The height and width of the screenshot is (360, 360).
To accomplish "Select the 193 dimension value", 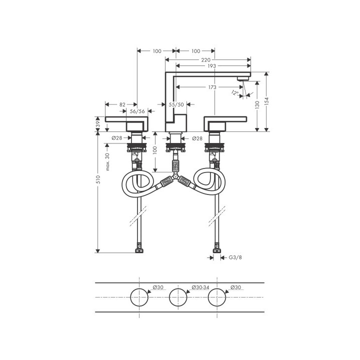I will (210, 66).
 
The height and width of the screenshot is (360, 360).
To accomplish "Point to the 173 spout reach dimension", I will (212, 87).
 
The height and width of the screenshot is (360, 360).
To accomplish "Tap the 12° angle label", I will (235, 92).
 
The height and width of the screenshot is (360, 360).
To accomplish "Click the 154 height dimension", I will (267, 100).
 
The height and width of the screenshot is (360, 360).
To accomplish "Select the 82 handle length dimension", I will (122, 104).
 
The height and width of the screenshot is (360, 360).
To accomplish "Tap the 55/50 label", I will (176, 104).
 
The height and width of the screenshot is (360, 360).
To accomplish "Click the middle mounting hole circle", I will (178, 297).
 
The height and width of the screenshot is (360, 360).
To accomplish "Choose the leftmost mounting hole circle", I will (139, 297).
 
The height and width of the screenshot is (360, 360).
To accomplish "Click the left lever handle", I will (127, 121).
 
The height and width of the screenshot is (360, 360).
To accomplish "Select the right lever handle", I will (225, 121).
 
